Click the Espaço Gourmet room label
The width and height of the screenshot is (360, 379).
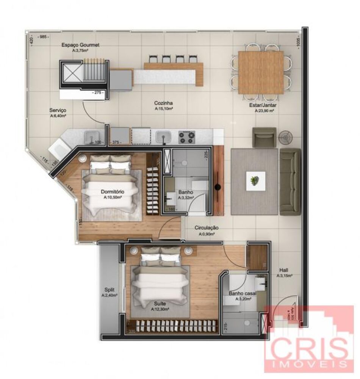pos(81,45)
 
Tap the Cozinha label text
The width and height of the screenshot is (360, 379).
pos(164,103)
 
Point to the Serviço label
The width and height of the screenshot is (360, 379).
pos(58,110)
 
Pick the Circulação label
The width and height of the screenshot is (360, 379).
pos(207,228)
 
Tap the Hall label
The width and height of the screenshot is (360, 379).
pos(284,270)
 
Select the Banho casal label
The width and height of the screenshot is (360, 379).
pos(243,293)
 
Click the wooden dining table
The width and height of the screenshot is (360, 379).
pos(260,72)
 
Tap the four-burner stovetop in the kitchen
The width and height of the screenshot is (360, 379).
pos(186,136)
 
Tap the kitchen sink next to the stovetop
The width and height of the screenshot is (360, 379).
pos(164,136)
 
